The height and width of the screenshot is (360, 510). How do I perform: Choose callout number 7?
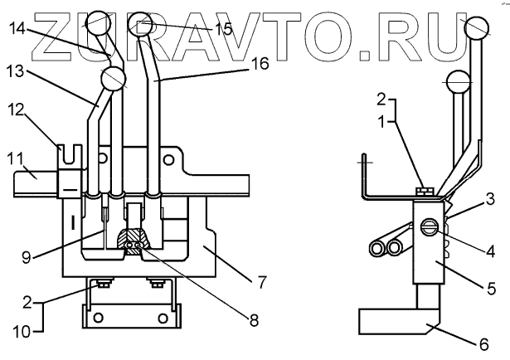[x=261, y=282]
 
